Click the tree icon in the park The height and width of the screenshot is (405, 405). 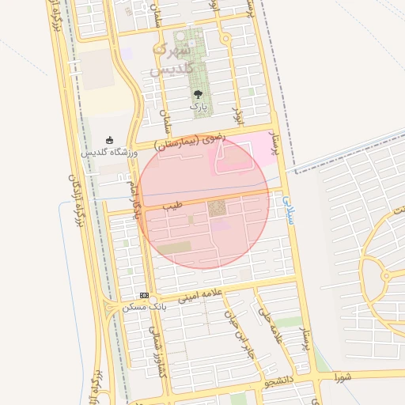197,93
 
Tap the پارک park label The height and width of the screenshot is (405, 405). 197,104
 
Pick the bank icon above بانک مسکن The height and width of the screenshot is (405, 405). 143,294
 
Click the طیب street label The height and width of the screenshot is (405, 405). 172,205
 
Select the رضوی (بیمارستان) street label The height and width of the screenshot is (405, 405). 191,142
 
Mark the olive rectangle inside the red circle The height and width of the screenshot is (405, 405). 175,248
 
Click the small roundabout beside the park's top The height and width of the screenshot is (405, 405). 225,38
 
